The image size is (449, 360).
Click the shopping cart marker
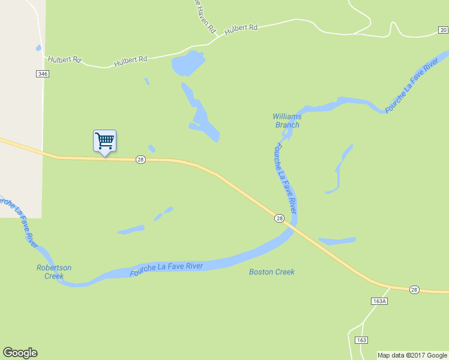[x=104, y=141]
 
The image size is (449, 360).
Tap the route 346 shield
[x=41, y=73]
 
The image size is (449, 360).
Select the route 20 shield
[x=443, y=29]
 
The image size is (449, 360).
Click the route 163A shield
[x=379, y=301]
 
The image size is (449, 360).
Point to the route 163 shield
[x=361, y=340]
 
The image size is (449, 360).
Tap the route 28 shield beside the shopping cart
[x=140, y=159]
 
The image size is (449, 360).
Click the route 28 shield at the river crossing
[x=279, y=218]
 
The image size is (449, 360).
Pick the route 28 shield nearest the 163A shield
[x=414, y=290]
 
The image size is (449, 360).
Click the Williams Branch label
[x=286, y=121]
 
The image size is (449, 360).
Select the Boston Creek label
[x=272, y=272]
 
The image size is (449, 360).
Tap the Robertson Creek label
[x=54, y=272]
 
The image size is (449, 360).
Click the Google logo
[x=20, y=353]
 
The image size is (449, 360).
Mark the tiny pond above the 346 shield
[x=38, y=47]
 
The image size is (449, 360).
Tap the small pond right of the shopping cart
[x=152, y=148]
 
